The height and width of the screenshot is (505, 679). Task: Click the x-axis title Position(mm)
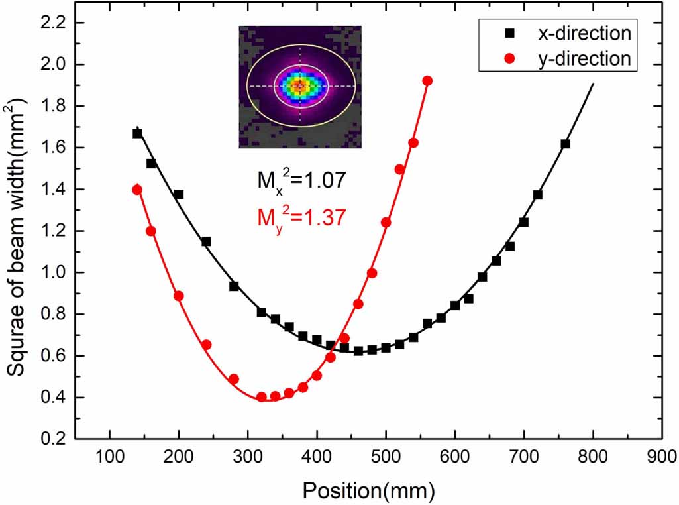368,490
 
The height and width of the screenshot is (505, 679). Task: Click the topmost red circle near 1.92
427,80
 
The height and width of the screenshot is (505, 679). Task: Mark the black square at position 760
565,144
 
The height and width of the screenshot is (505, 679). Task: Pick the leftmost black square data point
137,133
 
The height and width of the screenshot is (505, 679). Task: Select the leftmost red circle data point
137,190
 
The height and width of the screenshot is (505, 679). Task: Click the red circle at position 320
261,397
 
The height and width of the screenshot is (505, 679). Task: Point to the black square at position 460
358,351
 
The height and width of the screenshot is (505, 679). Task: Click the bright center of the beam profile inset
299,85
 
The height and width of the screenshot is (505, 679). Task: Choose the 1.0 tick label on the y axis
54,272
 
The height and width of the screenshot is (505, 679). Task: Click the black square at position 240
206,241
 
